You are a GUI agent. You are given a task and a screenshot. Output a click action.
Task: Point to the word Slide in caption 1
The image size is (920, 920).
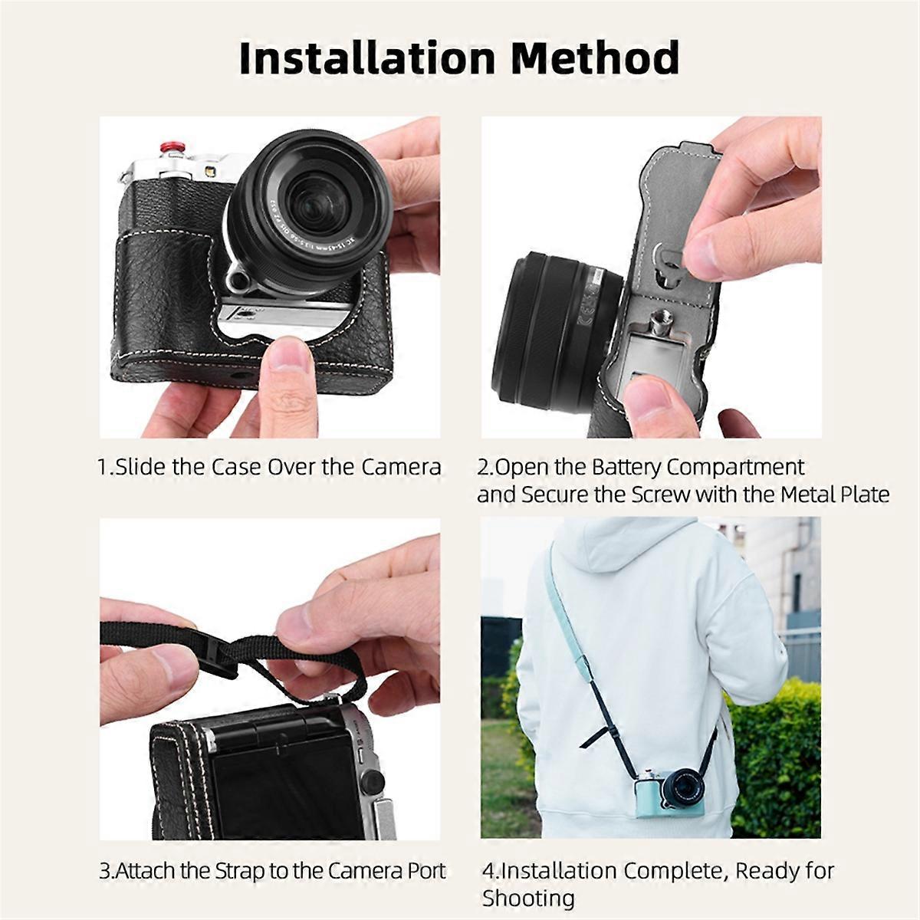(x=141, y=466)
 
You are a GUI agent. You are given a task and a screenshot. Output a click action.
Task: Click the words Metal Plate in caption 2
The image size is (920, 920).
(x=835, y=495)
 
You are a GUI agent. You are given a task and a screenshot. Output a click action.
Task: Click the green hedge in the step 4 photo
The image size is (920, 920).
(x=774, y=744)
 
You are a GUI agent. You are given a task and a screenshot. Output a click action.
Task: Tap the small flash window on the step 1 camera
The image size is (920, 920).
(x=209, y=171)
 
